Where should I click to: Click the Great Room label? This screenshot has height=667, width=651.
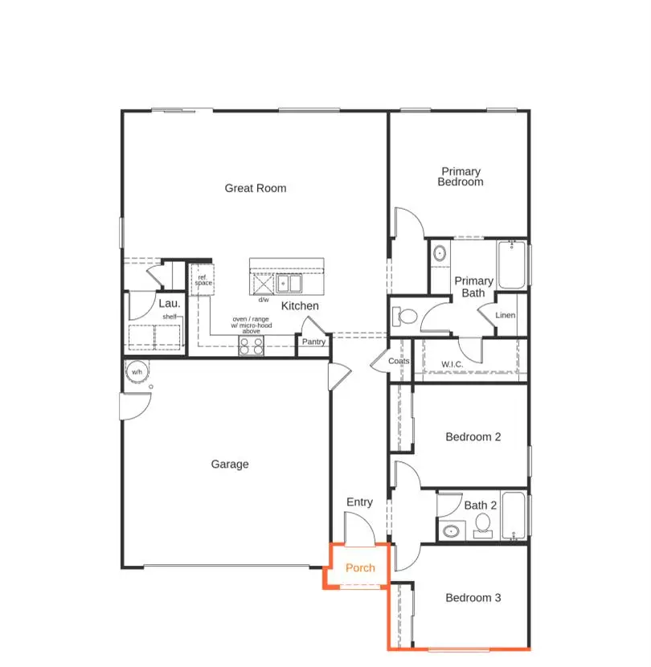(x=255, y=188)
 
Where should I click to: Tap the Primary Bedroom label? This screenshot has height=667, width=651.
(x=461, y=177)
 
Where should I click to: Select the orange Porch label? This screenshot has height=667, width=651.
(x=360, y=568)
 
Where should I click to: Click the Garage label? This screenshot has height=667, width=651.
(x=230, y=464)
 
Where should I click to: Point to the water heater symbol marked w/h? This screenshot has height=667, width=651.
(x=137, y=372)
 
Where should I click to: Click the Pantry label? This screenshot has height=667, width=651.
(x=313, y=342)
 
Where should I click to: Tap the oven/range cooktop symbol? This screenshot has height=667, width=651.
(x=252, y=346)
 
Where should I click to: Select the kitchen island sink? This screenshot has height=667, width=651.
(x=289, y=284)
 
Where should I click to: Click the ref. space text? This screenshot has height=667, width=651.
(x=203, y=280)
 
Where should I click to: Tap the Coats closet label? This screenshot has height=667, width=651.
(x=399, y=361)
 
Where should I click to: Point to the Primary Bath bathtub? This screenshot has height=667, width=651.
(x=512, y=265)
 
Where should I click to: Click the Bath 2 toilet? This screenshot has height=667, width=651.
(x=483, y=525)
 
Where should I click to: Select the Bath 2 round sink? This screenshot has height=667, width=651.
(x=451, y=531)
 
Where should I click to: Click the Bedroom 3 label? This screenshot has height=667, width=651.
(x=473, y=598)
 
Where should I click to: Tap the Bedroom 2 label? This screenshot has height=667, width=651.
(x=473, y=437)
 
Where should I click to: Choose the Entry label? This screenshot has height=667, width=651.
(x=359, y=502)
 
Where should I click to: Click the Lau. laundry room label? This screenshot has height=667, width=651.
(x=169, y=303)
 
